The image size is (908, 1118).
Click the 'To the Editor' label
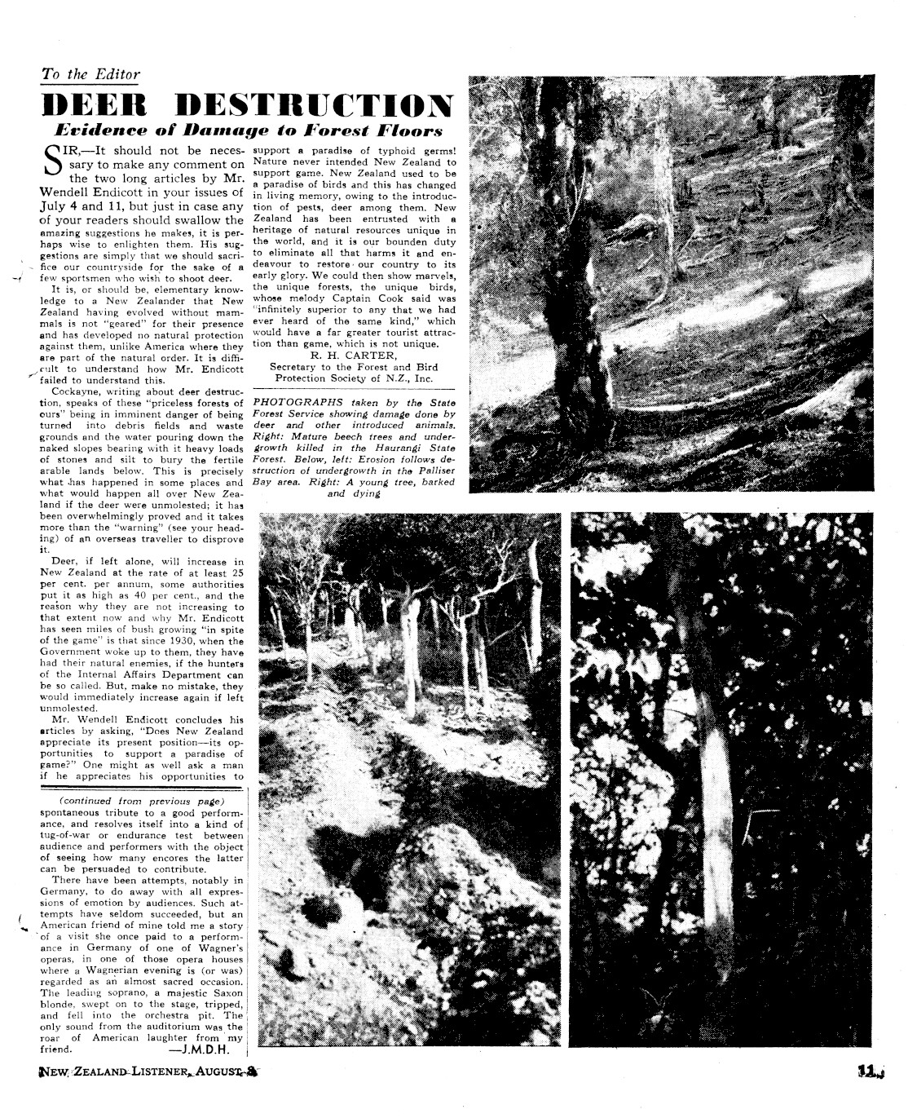click(90, 74)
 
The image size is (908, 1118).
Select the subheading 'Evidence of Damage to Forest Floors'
click(247, 130)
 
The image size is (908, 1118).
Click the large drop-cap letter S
click(53, 161)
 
